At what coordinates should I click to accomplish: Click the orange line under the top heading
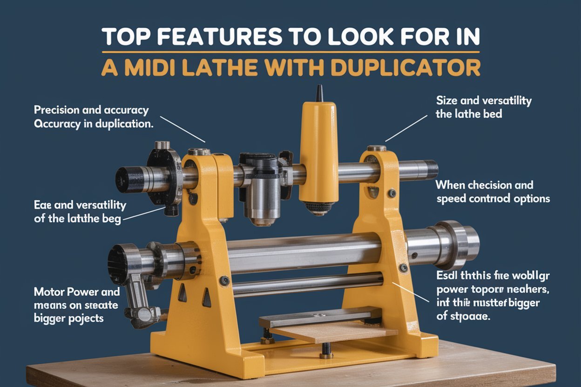click(290, 52)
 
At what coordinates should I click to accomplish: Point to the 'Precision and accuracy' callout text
click(91, 111)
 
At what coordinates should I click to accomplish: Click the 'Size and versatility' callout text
click(483, 100)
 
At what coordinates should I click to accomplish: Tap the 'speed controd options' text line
click(493, 199)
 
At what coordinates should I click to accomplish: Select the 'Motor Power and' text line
click(77, 292)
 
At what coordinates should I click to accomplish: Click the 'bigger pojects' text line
click(69, 319)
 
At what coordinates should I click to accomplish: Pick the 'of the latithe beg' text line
click(77, 219)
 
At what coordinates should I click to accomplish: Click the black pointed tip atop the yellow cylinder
click(319, 93)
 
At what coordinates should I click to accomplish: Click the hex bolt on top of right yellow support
click(376, 148)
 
